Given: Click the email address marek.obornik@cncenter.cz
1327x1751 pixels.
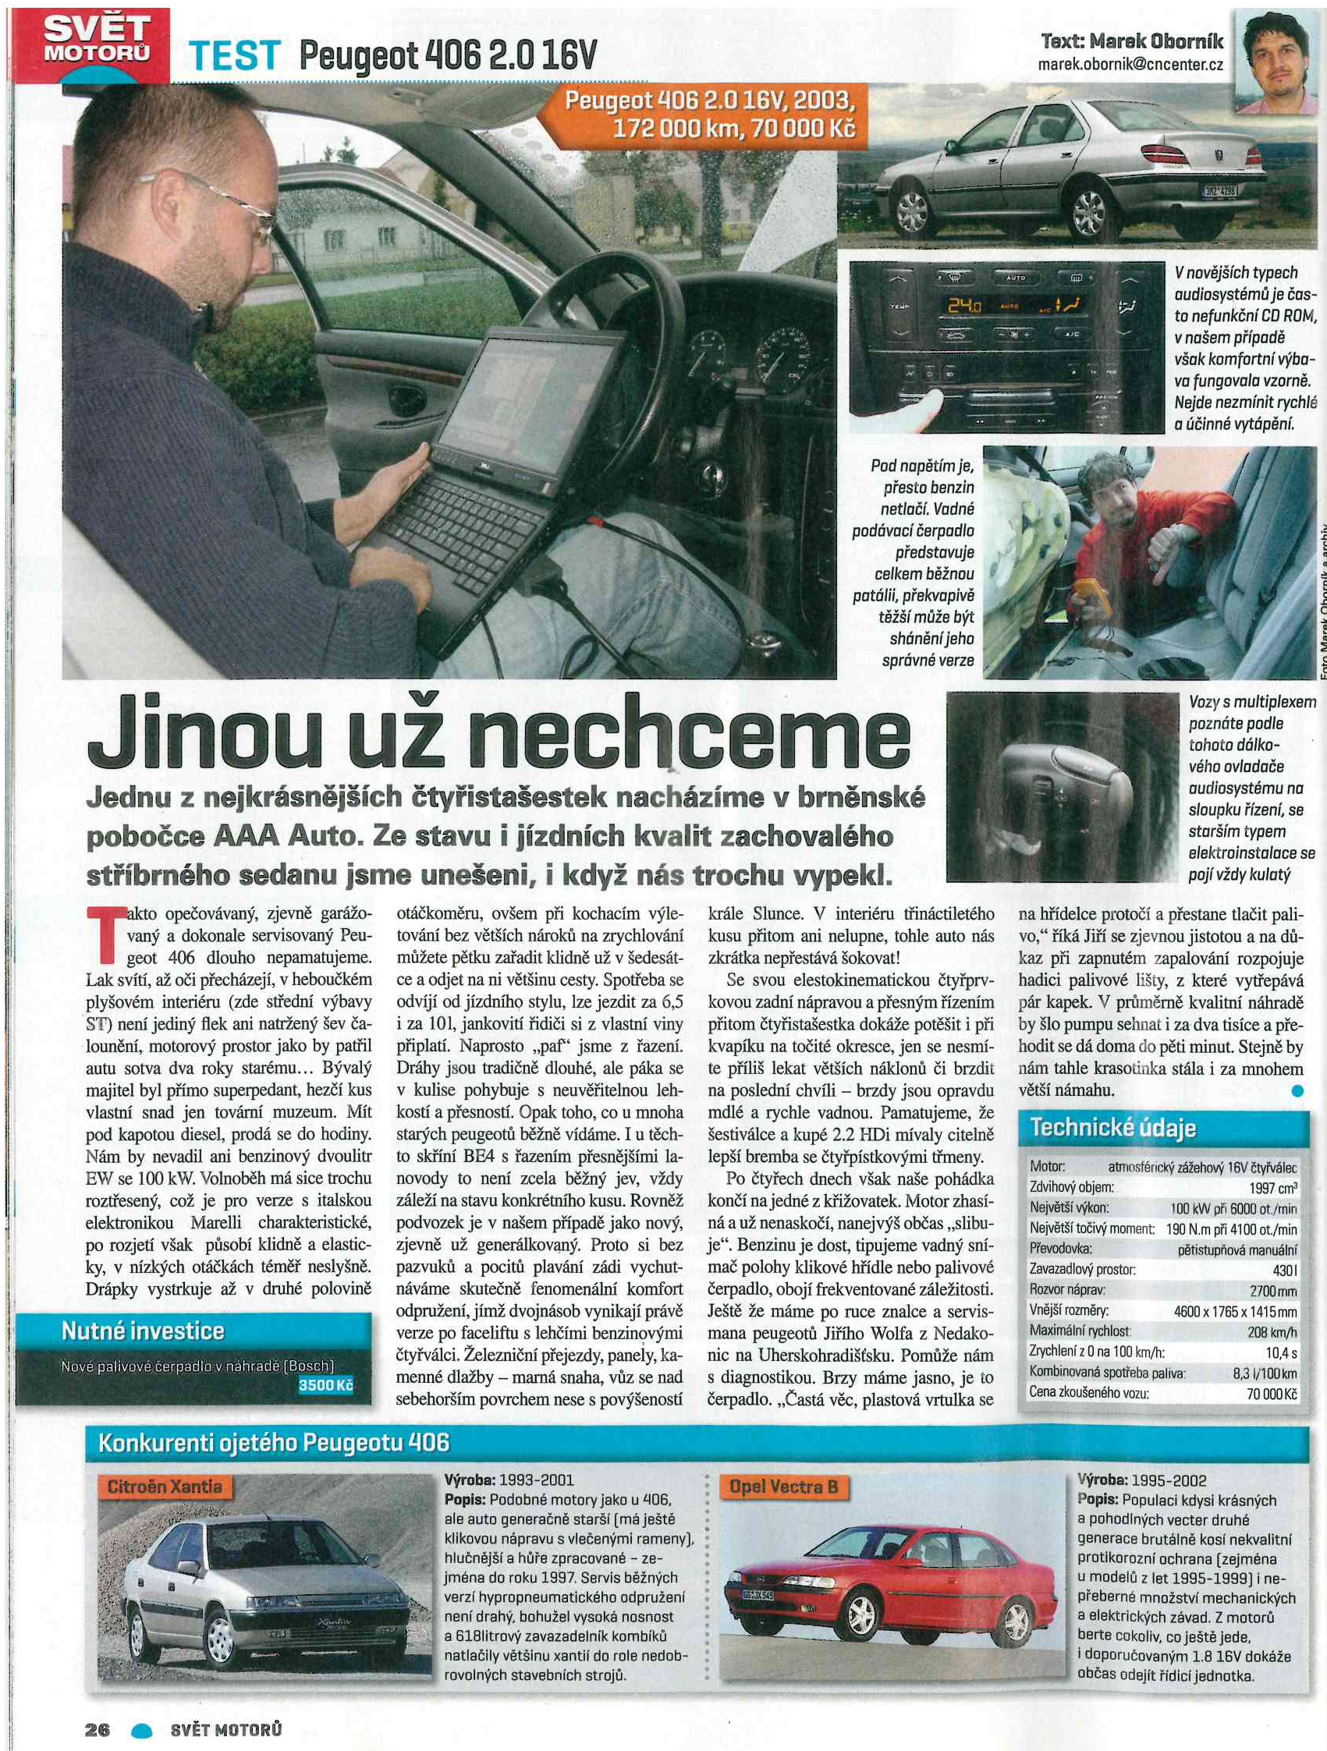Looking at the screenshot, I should click(x=1130, y=65).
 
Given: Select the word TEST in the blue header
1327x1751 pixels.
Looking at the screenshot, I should click(x=234, y=57).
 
